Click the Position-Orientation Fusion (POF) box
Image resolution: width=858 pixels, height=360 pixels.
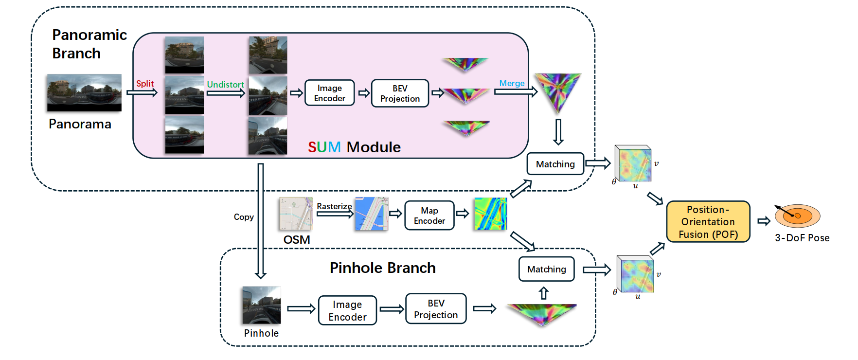pyautogui.click(x=708, y=222)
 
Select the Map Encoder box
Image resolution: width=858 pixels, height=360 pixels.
pyautogui.click(x=429, y=216)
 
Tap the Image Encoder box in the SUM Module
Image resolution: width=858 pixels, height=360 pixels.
pyautogui.click(x=329, y=93)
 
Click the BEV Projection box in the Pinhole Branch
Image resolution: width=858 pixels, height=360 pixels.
pyautogui.click(x=436, y=309)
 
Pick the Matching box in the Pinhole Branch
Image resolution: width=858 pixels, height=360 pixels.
pyautogui.click(x=546, y=270)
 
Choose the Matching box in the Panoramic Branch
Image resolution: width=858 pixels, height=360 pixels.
pyautogui.click(x=555, y=164)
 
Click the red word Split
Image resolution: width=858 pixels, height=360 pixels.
pyautogui.click(x=144, y=84)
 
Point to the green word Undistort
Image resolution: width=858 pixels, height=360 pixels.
pyautogui.click(x=225, y=85)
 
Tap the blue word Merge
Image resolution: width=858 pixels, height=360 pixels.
pyautogui.click(x=512, y=83)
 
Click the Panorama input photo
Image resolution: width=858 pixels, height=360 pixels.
pyautogui.click(x=84, y=92)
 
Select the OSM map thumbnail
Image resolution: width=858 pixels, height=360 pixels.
pyautogui.click(x=296, y=214)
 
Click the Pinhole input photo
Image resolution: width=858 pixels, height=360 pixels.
pyautogui.click(x=261, y=305)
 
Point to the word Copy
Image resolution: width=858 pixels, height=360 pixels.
pyautogui.click(x=244, y=217)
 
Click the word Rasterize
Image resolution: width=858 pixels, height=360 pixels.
pyautogui.click(x=334, y=206)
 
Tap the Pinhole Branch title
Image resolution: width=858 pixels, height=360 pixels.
pyautogui.click(x=382, y=268)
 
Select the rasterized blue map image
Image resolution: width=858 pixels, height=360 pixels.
pyautogui.click(x=371, y=214)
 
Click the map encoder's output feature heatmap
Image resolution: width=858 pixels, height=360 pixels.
pyautogui.click(x=490, y=214)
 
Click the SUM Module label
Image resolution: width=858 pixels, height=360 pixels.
pyautogui.click(x=354, y=147)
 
